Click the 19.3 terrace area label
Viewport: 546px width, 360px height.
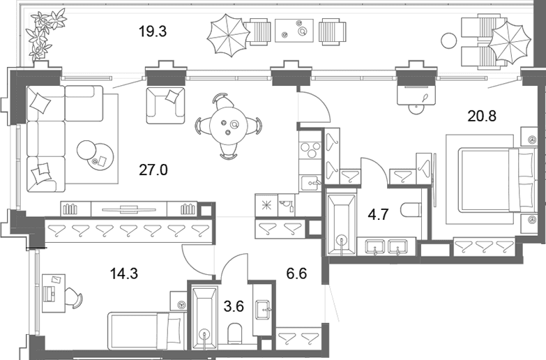(153, 31)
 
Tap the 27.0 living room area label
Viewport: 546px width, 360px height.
(153, 170)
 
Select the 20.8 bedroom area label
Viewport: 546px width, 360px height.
(482, 116)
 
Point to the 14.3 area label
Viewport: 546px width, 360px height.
(124, 273)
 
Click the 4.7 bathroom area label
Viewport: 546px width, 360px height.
(378, 214)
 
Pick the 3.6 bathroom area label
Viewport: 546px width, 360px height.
(234, 307)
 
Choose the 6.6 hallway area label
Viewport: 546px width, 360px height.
(296, 273)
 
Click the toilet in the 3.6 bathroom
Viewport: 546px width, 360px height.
(235, 333)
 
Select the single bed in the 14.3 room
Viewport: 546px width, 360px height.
(146, 331)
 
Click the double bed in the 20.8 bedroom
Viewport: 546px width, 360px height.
(496, 180)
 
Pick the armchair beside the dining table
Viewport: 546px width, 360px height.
(165, 105)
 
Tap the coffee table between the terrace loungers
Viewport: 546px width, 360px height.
(294, 31)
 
